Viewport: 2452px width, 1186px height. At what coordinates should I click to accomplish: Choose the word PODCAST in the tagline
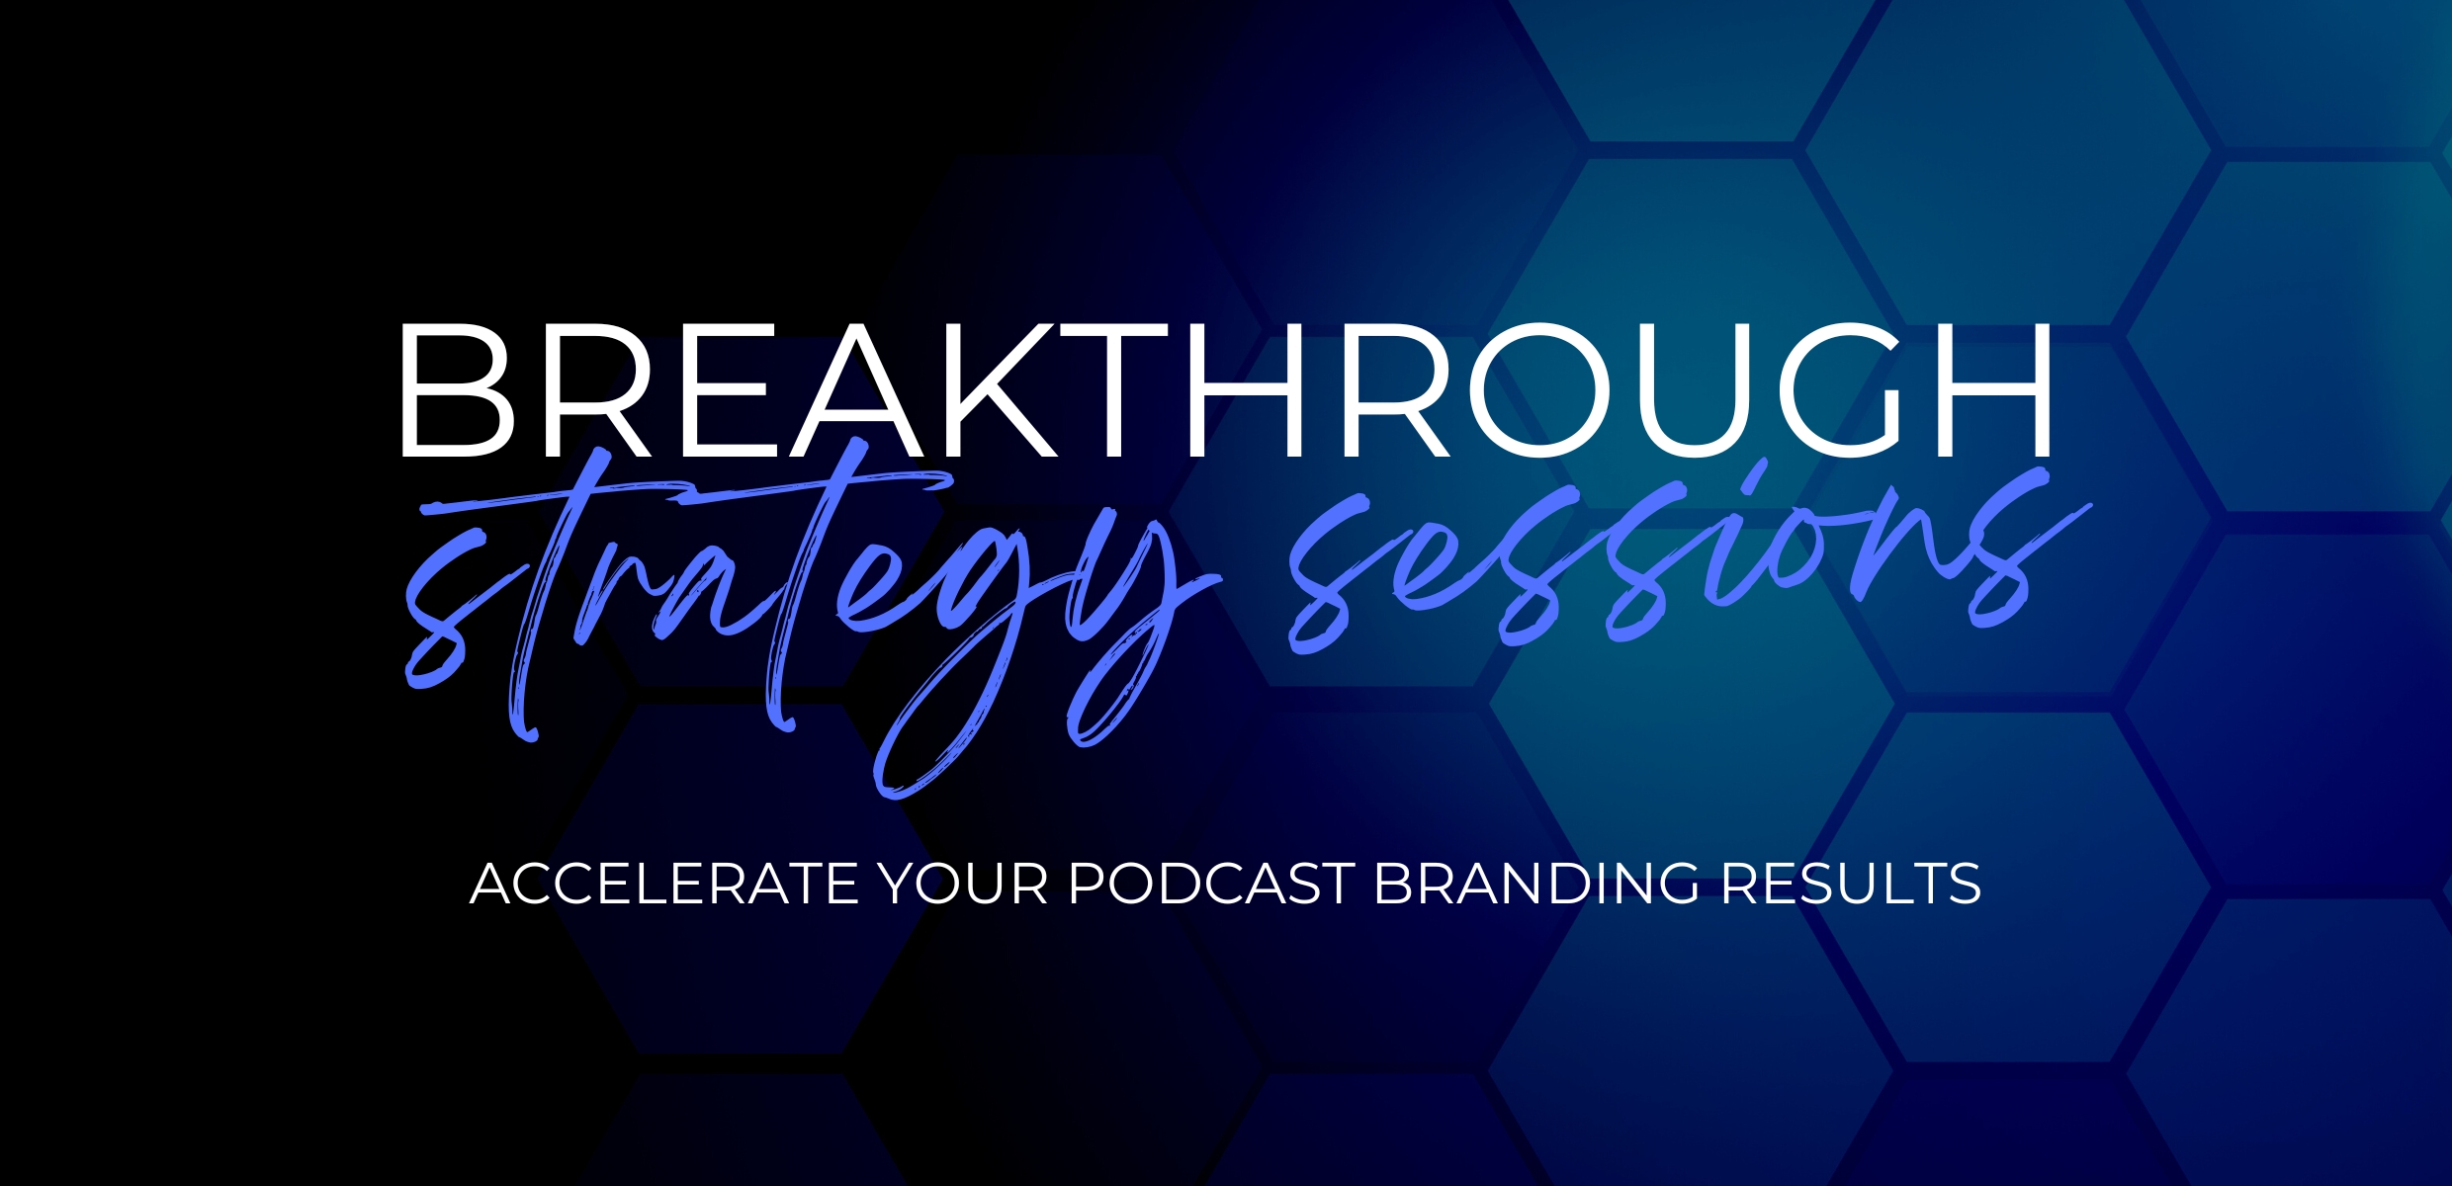pyautogui.click(x=1211, y=884)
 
